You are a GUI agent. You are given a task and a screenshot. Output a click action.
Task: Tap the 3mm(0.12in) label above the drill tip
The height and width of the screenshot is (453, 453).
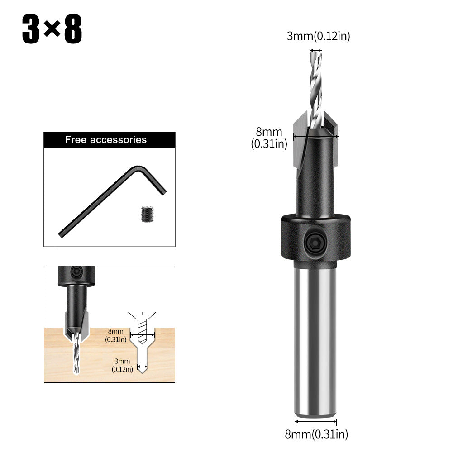coord(318,37)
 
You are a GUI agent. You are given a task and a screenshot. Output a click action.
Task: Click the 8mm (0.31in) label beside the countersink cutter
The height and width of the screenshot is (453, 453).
coord(269,138)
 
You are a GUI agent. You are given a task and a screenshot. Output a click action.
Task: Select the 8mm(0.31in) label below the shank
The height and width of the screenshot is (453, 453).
coord(316,435)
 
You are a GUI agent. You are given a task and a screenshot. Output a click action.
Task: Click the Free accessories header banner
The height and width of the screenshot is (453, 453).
coord(109,139)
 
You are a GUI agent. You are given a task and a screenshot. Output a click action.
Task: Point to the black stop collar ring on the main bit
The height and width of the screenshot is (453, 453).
coord(316,238)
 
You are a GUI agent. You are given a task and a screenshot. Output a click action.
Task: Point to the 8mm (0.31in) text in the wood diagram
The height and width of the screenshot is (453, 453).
coord(115,335)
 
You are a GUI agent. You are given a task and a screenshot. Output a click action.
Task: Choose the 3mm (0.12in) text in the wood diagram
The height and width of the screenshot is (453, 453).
coord(122,365)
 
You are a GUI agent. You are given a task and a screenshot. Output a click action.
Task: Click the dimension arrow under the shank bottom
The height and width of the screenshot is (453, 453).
coord(315,422)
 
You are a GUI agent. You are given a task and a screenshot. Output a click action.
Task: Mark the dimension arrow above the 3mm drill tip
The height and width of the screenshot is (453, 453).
coord(316,50)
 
